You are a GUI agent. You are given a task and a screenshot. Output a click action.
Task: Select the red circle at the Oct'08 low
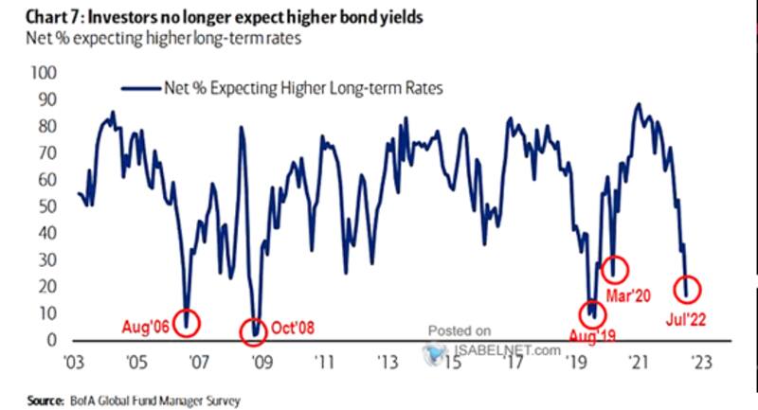click(253, 330)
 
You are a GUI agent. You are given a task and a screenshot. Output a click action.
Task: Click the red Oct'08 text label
click(293, 330)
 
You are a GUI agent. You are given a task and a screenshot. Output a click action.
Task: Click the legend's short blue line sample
click(140, 87)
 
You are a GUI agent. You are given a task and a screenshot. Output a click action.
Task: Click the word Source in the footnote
click(30, 401)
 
